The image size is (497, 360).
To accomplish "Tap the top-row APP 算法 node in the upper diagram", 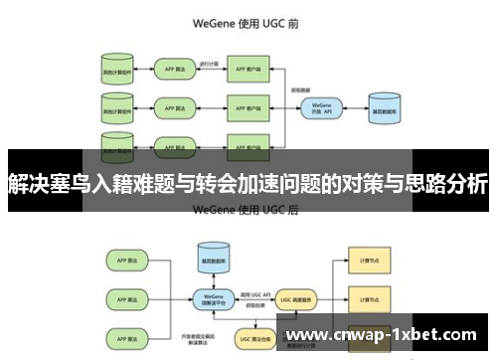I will (177, 72).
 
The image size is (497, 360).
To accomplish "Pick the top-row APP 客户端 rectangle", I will (250, 72).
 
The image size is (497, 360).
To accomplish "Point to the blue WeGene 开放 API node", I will (320, 106).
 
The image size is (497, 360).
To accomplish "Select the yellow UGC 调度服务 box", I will (289, 296).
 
